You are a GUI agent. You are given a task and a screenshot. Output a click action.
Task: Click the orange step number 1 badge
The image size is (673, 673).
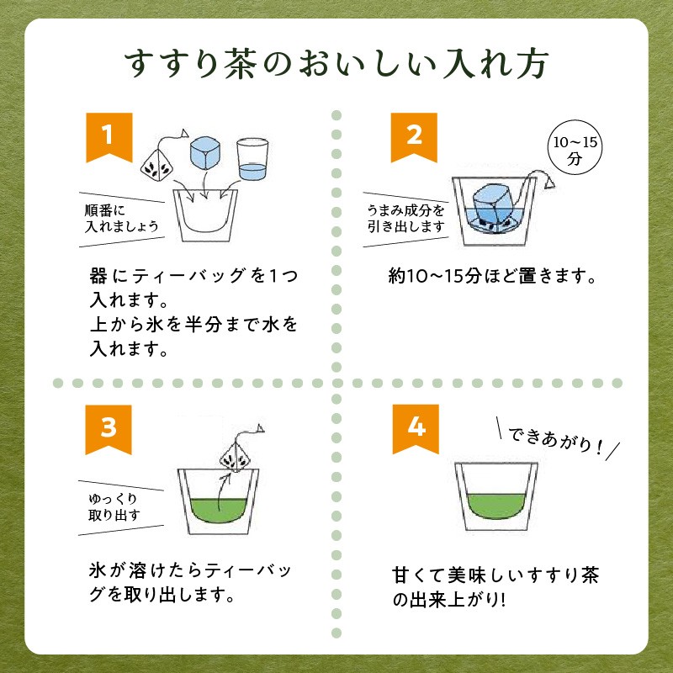click(x=109, y=137)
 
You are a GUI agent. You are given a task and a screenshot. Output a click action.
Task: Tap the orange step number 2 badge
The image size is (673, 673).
click(x=414, y=137)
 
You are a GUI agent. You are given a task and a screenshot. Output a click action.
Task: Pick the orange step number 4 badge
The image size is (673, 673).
click(x=416, y=429)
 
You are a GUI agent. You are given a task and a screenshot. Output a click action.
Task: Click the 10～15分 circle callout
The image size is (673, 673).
click(x=575, y=147)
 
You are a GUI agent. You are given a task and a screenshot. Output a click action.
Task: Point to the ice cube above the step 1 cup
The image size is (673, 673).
click(x=205, y=153)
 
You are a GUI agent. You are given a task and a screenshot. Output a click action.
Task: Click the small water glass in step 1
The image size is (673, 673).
click(x=252, y=159)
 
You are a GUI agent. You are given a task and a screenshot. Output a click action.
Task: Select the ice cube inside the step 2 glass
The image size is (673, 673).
click(x=491, y=206)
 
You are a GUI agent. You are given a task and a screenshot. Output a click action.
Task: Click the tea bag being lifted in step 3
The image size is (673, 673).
click(x=236, y=456)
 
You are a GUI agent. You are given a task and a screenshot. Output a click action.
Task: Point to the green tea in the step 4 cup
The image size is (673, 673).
click(x=496, y=506)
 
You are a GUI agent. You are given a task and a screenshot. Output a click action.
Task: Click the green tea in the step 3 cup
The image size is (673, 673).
click(x=218, y=511)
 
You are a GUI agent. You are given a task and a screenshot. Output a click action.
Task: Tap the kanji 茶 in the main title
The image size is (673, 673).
click(x=241, y=65)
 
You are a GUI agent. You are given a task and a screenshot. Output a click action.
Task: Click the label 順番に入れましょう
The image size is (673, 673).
click(x=121, y=219)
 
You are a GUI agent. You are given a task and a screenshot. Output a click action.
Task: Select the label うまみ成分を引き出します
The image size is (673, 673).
click(x=405, y=219)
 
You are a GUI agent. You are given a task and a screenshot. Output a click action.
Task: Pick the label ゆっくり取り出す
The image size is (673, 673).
click(x=114, y=507)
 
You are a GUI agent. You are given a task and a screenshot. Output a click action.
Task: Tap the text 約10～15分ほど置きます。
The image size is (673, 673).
click(x=492, y=276)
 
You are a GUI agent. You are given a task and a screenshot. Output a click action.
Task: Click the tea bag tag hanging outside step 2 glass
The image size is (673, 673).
click(x=549, y=183)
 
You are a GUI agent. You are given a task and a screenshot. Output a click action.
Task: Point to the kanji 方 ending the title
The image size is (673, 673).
click(x=533, y=65)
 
